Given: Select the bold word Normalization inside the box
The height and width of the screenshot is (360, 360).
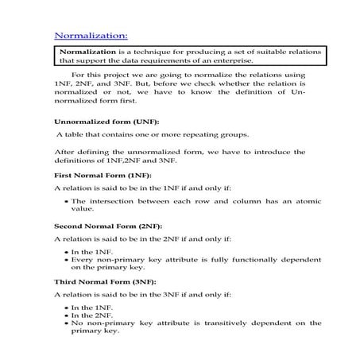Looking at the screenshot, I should [89, 51].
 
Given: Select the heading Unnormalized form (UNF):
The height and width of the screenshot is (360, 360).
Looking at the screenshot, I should [106, 122].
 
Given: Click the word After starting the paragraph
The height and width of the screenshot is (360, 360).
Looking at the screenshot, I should [64, 151].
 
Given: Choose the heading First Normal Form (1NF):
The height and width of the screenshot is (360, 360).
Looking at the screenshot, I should [103, 174].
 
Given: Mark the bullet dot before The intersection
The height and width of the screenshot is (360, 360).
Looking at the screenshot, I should [64, 202].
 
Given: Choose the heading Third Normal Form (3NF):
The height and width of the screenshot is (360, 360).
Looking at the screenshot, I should [105, 281].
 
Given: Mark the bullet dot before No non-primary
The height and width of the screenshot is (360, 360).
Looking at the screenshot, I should [64, 323].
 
